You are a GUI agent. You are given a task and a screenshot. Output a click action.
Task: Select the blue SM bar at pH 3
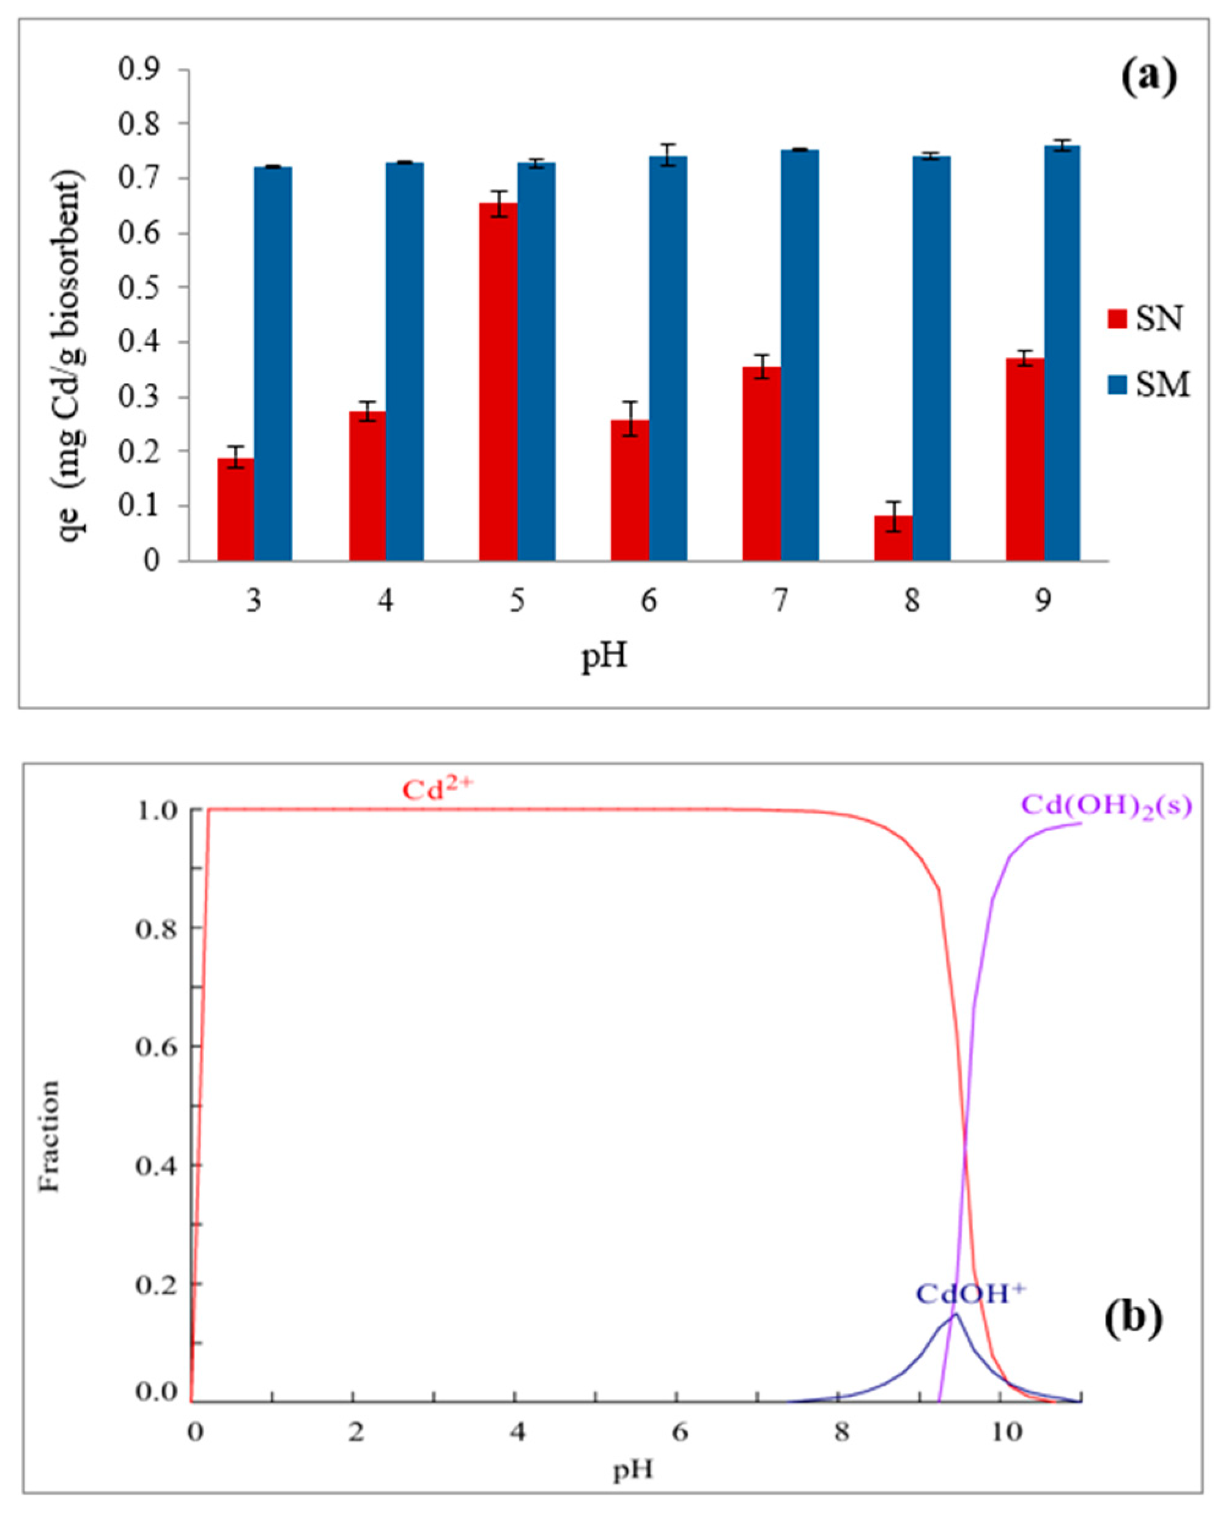click(x=273, y=364)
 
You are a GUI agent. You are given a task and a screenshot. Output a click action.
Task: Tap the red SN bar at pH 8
click(x=893, y=538)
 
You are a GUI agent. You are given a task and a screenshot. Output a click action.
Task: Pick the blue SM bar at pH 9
click(x=1062, y=353)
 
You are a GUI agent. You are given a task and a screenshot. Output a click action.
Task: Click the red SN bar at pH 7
click(x=761, y=464)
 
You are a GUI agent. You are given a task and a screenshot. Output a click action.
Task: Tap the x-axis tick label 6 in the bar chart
click(x=648, y=601)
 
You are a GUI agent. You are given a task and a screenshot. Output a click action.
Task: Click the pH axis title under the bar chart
click(x=605, y=658)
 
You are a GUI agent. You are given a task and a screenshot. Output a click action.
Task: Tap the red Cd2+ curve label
click(x=441, y=790)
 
